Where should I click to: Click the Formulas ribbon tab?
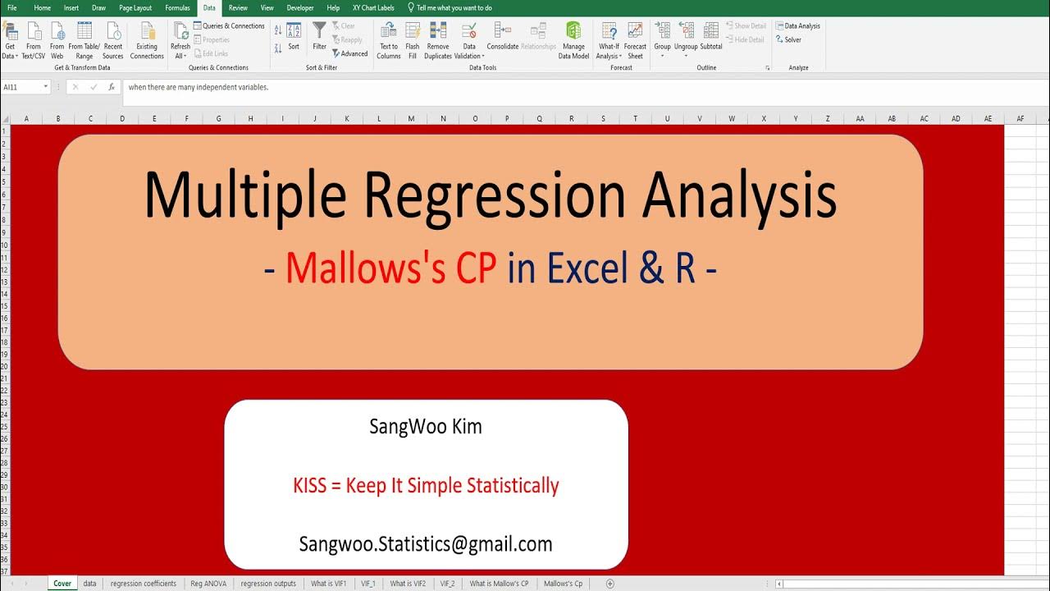tap(177, 7)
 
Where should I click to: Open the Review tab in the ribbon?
tap(238, 7)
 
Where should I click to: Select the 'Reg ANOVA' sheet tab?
tap(208, 584)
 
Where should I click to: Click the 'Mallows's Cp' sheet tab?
tap(563, 584)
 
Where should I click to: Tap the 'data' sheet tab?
tap(89, 584)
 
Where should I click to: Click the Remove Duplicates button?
tap(438, 40)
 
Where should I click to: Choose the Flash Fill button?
tap(413, 40)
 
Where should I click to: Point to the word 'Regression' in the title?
tap(495, 195)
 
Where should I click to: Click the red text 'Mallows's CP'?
tap(391, 268)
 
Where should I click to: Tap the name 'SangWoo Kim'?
tap(426, 427)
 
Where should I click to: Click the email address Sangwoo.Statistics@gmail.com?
tap(426, 543)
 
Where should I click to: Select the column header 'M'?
tap(411, 119)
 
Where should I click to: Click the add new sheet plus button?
tap(609, 584)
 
